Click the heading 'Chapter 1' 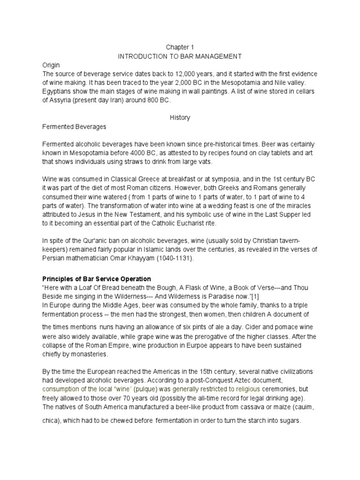click(180, 47)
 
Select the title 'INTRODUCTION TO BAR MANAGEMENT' click(180, 56)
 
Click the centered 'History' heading click(180, 118)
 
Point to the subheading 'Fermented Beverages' click(74, 127)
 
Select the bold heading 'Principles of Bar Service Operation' click(97, 279)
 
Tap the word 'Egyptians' click(57, 91)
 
